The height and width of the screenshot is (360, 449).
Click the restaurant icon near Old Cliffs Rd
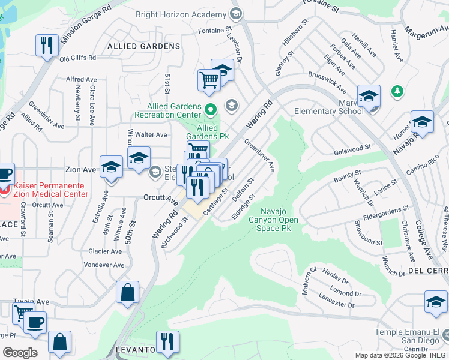click(46, 44)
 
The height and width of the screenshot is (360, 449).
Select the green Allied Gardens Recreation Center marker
click(210, 109)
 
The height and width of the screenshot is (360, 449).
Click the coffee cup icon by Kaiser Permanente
click(5, 174)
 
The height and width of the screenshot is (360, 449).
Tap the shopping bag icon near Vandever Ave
click(128, 292)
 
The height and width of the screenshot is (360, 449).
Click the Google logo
click(19, 352)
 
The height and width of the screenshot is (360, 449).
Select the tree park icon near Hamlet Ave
click(396, 91)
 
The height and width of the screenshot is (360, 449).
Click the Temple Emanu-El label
click(407, 332)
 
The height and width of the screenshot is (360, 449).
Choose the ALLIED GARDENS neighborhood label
click(143, 46)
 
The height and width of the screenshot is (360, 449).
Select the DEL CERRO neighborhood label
click(427, 271)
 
